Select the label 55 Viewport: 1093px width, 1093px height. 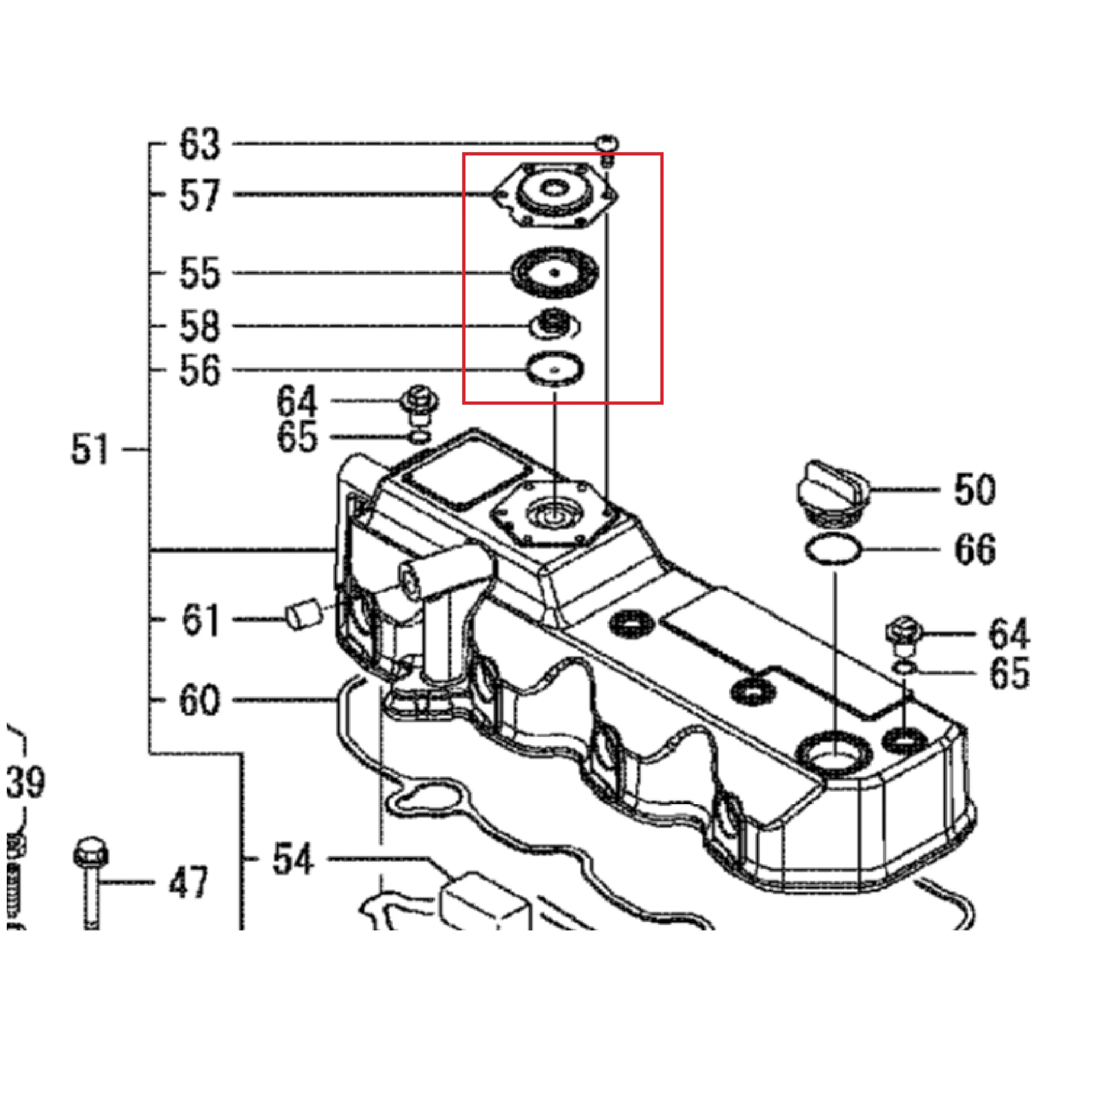[x=199, y=273]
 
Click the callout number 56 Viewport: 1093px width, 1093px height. [x=199, y=371]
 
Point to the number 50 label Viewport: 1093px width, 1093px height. [x=974, y=489]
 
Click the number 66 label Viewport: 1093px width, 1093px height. [x=974, y=549]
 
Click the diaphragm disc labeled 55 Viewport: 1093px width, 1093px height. [x=554, y=273]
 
